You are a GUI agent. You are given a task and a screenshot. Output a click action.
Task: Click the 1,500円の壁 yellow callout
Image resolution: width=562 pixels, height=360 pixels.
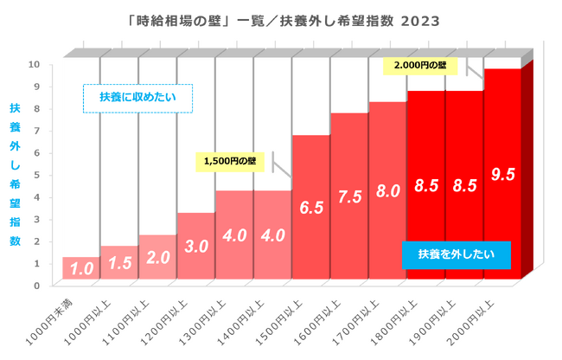click(231, 161)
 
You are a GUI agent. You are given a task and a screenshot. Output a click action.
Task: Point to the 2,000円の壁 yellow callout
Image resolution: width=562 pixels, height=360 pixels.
click(419, 65)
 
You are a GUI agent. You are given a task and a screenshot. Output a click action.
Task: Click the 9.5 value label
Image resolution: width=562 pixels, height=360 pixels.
click(502, 174)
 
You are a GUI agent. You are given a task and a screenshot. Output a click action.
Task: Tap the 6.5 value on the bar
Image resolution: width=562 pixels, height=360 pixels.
click(312, 208)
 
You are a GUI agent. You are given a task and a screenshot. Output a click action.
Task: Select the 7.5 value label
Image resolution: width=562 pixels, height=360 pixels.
click(350, 196)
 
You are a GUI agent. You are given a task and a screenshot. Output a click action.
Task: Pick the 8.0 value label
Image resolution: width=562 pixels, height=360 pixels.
click(388, 191)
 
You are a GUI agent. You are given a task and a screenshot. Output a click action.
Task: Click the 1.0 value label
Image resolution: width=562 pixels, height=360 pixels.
click(82, 269)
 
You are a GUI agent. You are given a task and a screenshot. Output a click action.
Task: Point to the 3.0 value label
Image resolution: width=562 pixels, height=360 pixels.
click(197, 246)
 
